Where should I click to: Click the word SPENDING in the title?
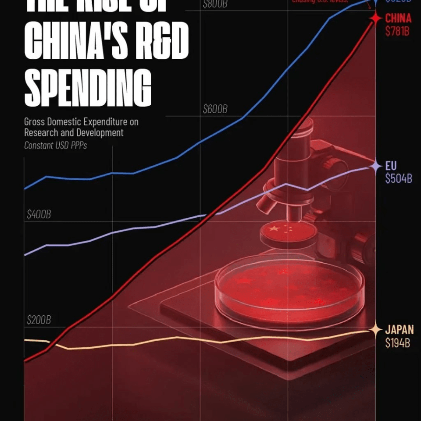click(88, 89)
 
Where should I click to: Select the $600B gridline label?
click(215, 109)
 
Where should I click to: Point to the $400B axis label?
click(39, 215)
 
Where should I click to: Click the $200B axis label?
click(39, 320)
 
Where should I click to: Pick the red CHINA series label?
click(398, 18)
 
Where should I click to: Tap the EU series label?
click(391, 166)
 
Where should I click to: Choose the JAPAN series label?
click(399, 330)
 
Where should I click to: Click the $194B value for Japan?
click(398, 343)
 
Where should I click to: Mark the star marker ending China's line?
click(375, 18)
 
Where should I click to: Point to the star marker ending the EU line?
click(375, 166)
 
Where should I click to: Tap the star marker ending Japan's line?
click(375, 330)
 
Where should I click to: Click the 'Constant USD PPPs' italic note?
click(55, 145)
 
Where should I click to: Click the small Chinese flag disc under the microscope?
click(287, 231)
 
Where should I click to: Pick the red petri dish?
click(289, 287)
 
